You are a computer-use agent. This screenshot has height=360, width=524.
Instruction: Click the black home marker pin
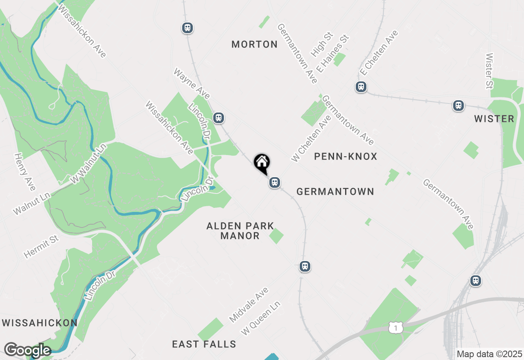[x=262, y=163]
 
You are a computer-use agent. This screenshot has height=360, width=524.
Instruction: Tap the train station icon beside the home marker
[x=275, y=182]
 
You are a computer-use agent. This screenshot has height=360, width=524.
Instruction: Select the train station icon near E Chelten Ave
[x=361, y=87]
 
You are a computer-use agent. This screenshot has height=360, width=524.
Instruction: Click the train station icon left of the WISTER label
[x=458, y=106]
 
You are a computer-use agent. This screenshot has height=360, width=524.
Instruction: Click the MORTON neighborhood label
[x=255, y=44]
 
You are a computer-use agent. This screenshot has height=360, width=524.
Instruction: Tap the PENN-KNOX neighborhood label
[x=346, y=156]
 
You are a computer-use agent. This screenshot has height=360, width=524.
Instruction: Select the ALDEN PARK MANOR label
[x=240, y=231]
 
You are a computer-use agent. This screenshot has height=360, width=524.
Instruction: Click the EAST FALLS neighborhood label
[x=204, y=344]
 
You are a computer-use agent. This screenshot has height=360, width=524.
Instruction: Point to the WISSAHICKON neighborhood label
[x=40, y=323]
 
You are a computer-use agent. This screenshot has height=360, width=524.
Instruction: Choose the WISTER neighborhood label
[x=494, y=119]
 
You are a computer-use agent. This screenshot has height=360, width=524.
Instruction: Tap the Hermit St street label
[x=41, y=247]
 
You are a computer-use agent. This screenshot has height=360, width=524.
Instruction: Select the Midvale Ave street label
[x=248, y=304]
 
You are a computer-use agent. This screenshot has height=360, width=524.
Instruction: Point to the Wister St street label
[x=489, y=71]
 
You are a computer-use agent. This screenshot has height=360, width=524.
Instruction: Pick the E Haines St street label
[x=332, y=54]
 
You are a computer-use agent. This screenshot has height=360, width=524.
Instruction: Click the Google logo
[x=27, y=350]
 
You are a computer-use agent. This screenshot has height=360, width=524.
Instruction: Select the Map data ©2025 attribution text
[x=489, y=353]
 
